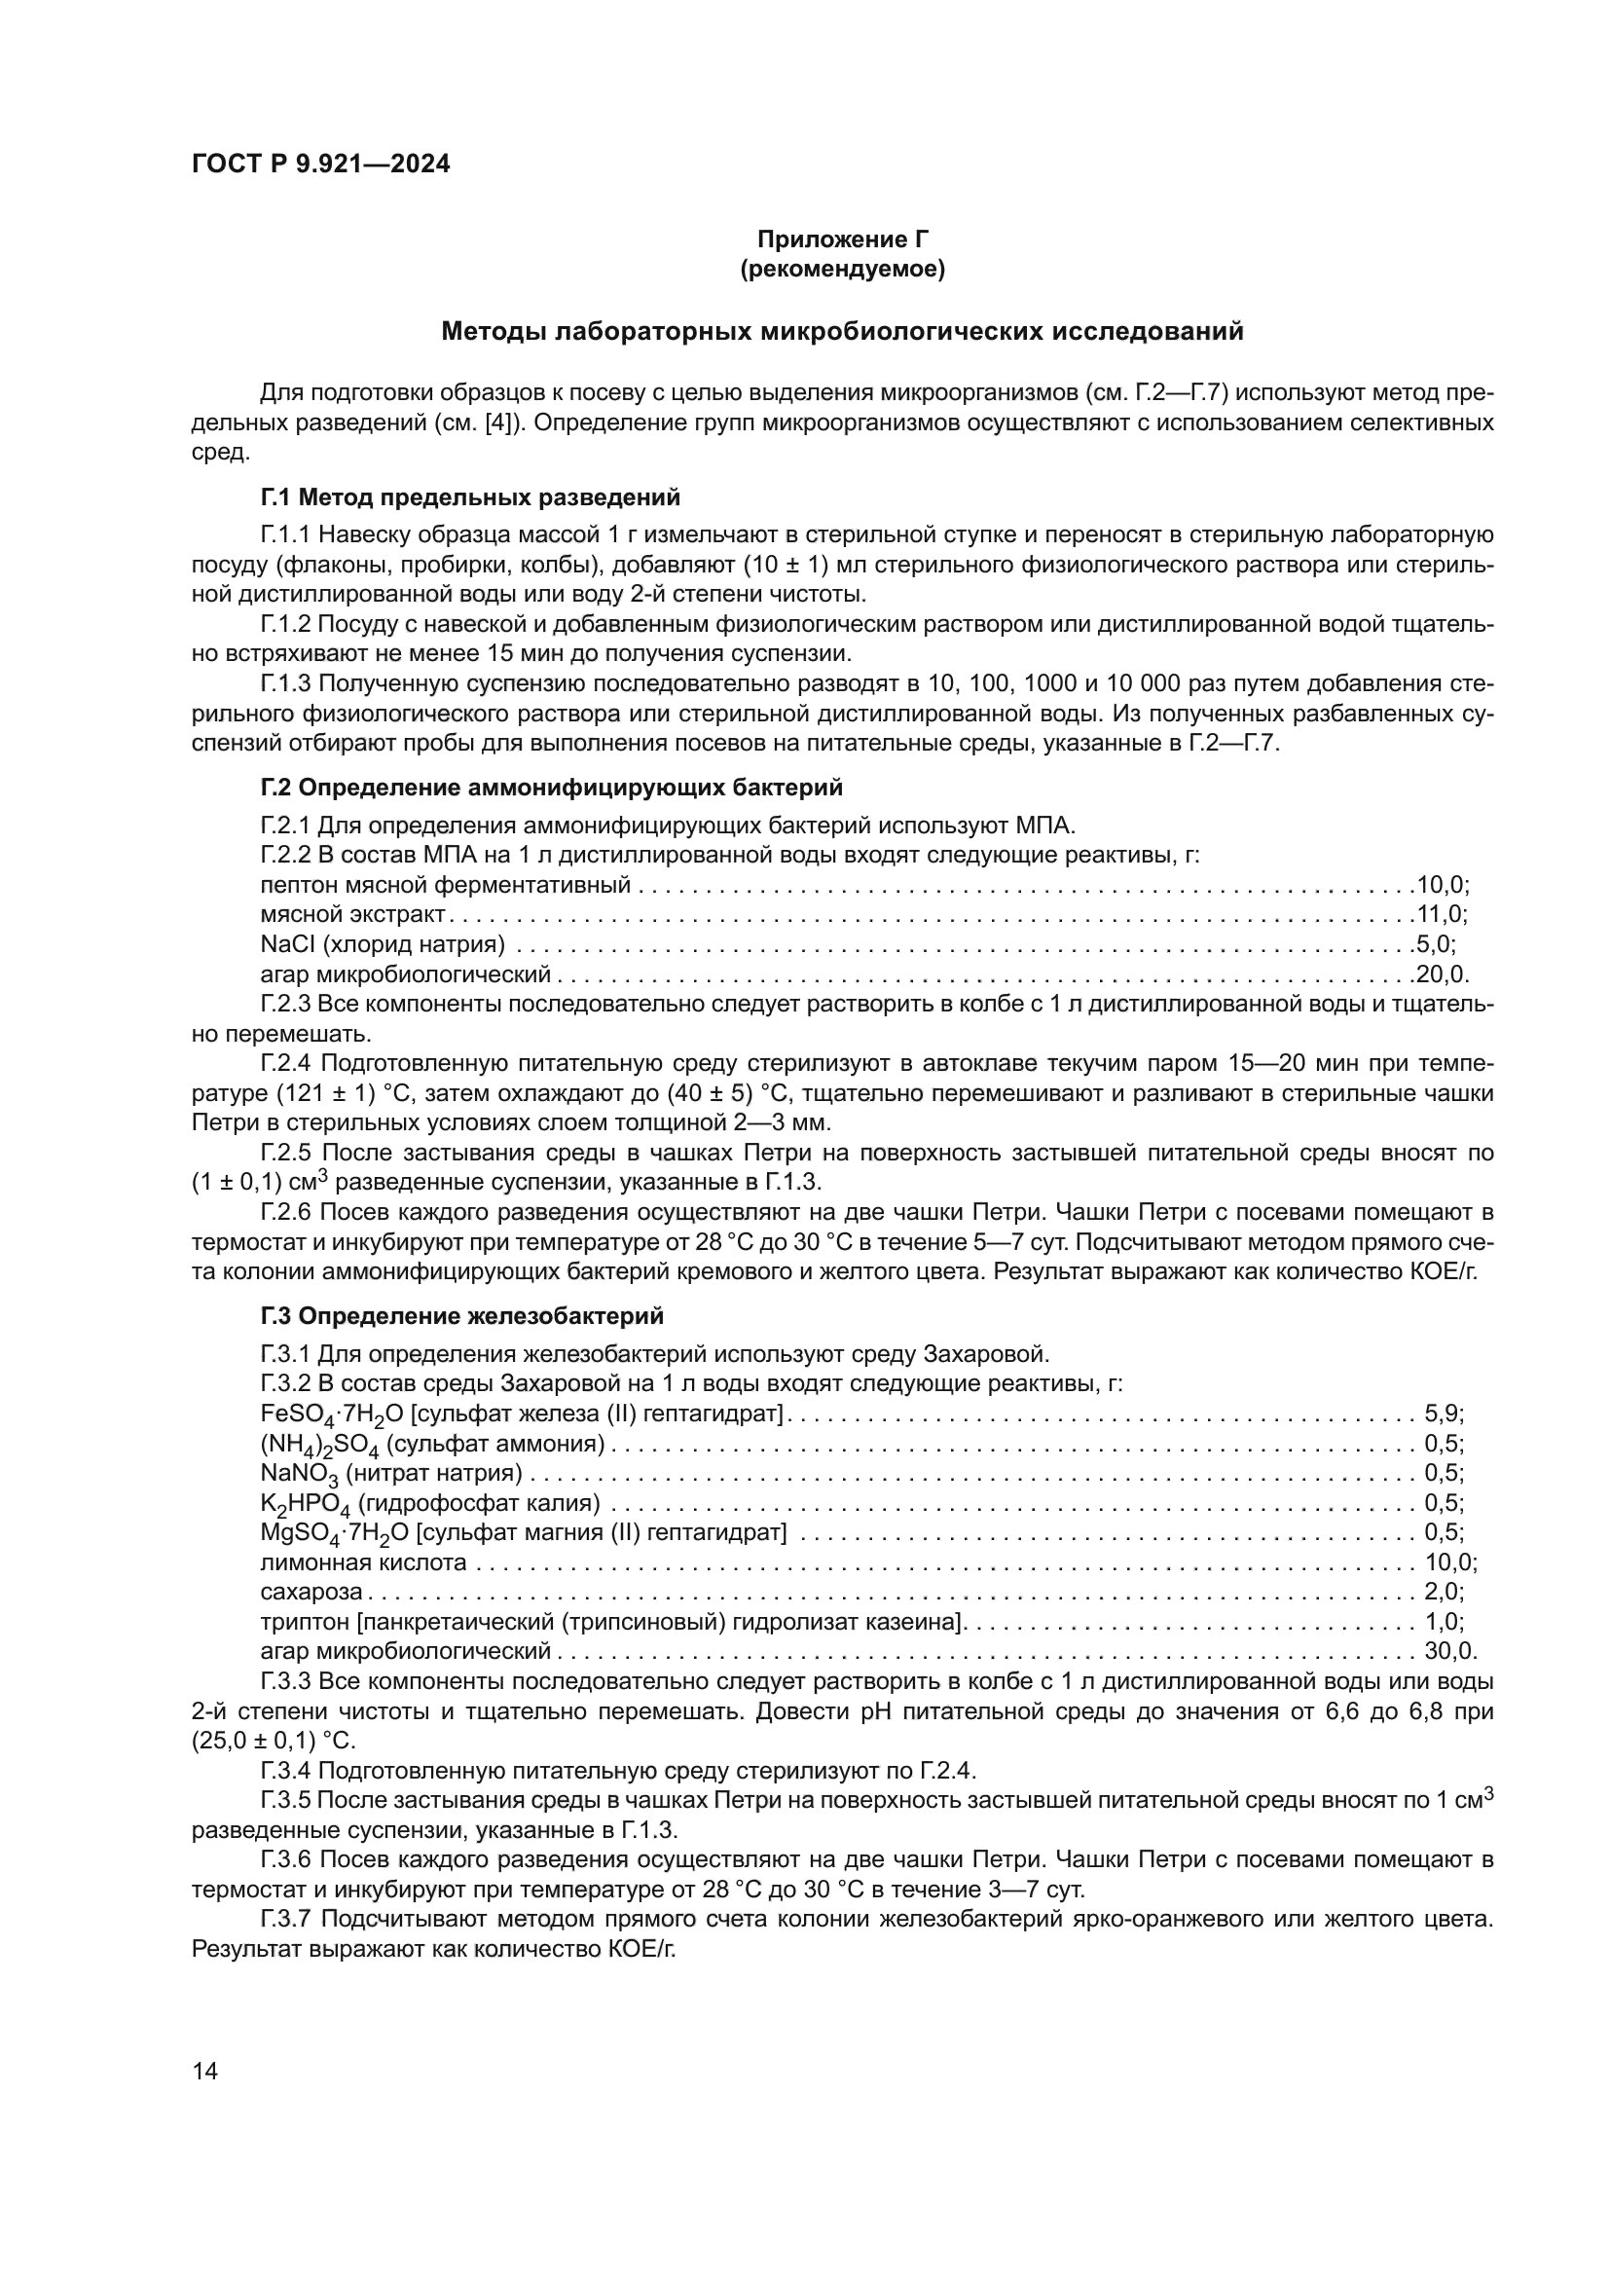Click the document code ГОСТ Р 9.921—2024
pos(320,165)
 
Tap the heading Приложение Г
pos(842,239)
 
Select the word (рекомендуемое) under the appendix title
pos(842,269)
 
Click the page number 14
pos(204,2071)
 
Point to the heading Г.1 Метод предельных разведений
pos(470,496)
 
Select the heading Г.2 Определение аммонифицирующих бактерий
pos(551,788)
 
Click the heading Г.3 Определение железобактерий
pos(462,1316)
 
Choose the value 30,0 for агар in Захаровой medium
pos(1449,1651)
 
